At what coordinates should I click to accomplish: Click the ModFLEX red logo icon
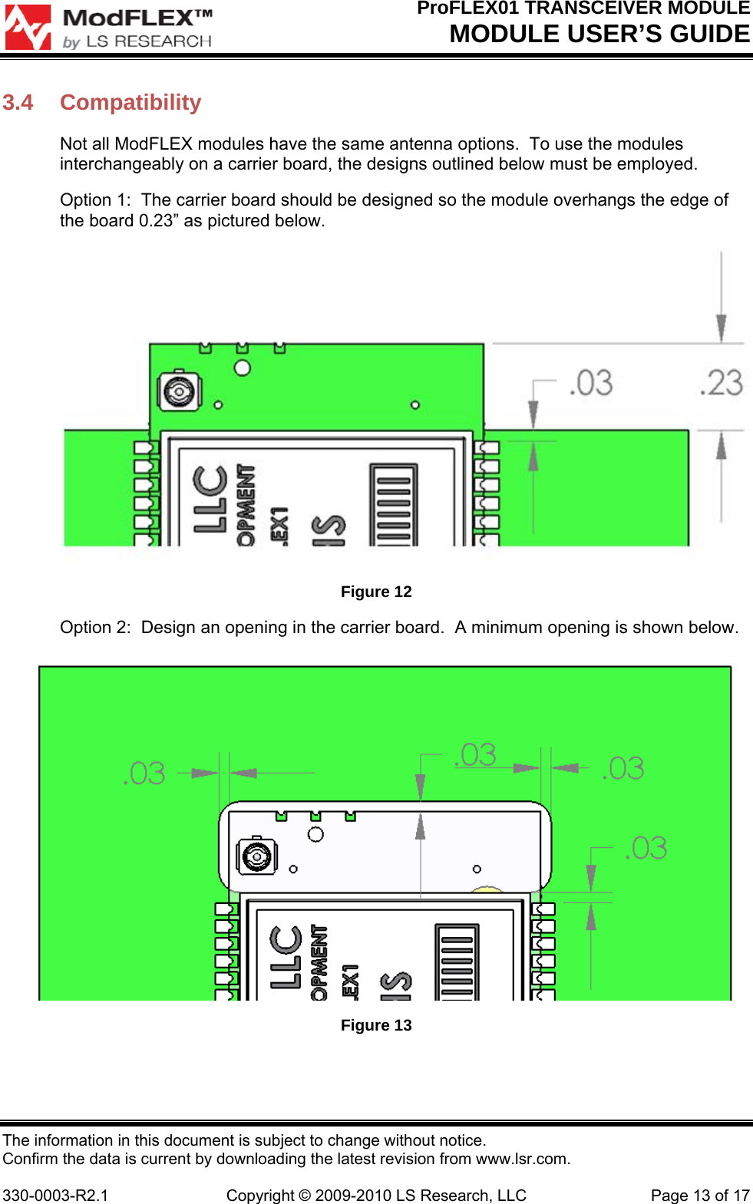tap(28, 28)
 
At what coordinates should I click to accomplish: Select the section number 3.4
tap(18, 103)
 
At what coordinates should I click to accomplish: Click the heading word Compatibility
tap(130, 103)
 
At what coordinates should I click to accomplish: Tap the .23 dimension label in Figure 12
tap(721, 383)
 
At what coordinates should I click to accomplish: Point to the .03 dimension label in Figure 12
tap(591, 383)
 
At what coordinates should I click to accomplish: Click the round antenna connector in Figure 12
tap(179, 391)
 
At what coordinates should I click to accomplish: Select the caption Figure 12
tap(376, 592)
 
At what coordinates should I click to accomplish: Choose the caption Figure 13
tap(376, 1025)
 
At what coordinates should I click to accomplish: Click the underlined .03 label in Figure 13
tap(476, 755)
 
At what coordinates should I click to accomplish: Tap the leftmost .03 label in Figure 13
tap(144, 773)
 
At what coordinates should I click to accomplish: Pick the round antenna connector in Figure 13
tap(256, 856)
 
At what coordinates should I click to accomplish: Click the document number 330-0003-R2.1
tap(55, 1196)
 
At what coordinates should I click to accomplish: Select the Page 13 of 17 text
tap(699, 1196)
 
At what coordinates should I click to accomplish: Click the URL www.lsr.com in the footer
tap(522, 1159)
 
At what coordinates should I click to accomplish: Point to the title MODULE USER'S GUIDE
tap(599, 35)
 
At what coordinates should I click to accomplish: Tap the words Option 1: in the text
tap(95, 200)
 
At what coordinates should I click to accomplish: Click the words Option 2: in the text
tap(95, 628)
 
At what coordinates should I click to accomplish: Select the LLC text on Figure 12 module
tap(210, 499)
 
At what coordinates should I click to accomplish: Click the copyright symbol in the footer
tap(305, 1196)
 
